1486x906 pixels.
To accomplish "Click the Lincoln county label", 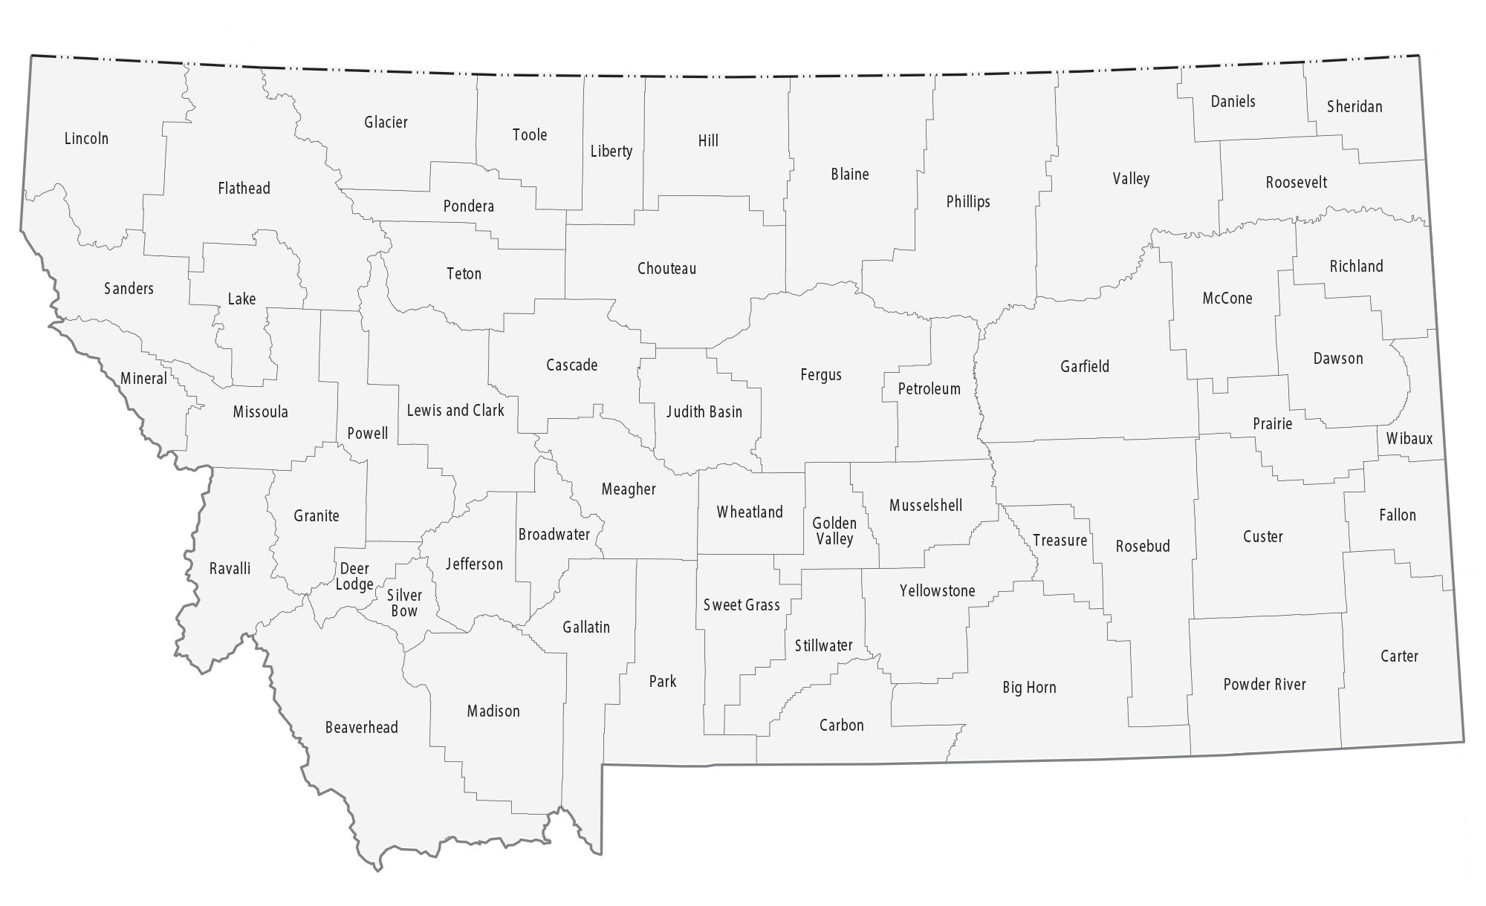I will [86, 139].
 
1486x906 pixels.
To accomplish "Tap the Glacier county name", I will [386, 123].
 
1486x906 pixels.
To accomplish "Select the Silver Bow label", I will [404, 603].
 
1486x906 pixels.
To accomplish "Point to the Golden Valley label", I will [834, 531].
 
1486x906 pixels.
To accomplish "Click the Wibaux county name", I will [1409, 439].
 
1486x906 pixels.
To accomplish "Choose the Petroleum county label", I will [929, 389].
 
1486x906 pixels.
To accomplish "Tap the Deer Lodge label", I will [354, 577].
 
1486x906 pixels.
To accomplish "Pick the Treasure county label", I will [1060, 541].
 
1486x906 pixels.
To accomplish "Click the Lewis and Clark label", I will [455, 411].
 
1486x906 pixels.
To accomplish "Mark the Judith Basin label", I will [704, 412].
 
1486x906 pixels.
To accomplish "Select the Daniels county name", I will [1233, 102].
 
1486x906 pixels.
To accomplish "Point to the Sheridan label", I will [1354, 107].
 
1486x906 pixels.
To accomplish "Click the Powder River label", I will [1265, 685].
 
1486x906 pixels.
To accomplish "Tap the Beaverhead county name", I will [361, 728].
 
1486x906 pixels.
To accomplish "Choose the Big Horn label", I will [1029, 688].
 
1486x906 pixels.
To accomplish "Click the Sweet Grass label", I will [742, 605].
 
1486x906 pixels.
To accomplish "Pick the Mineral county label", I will [143, 379].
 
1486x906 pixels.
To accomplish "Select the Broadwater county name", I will [554, 535].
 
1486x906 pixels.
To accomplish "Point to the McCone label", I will [1227, 299].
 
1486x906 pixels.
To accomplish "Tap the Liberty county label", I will [611, 151].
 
